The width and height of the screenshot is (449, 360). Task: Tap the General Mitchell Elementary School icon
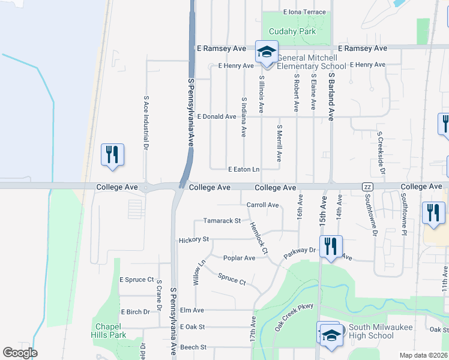266,52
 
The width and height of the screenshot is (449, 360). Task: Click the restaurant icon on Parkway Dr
330,246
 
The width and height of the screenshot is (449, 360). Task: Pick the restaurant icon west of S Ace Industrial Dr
112,155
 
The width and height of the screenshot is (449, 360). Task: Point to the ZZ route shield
367,188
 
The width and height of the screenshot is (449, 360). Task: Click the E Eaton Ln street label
244,170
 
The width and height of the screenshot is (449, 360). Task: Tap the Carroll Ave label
262,205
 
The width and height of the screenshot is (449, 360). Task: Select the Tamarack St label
221,221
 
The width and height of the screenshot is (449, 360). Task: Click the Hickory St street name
193,239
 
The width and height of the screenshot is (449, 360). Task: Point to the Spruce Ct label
232,279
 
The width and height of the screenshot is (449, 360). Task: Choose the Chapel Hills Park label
109,331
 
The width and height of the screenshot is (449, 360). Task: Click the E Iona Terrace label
304,12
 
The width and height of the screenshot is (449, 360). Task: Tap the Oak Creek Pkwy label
294,317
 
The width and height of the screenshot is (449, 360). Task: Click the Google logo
20,353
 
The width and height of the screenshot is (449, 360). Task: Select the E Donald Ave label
216,116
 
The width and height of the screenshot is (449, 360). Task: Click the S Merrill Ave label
279,143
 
